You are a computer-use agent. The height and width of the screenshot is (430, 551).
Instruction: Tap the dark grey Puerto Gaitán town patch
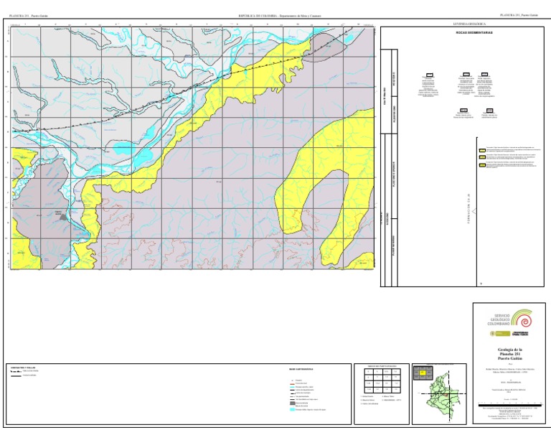(63, 215)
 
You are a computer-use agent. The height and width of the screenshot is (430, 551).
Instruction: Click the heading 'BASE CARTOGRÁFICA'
(300, 370)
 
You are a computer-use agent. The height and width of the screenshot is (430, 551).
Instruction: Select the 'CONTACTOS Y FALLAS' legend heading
(25, 367)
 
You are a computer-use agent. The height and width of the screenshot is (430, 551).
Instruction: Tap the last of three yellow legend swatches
(480, 164)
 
